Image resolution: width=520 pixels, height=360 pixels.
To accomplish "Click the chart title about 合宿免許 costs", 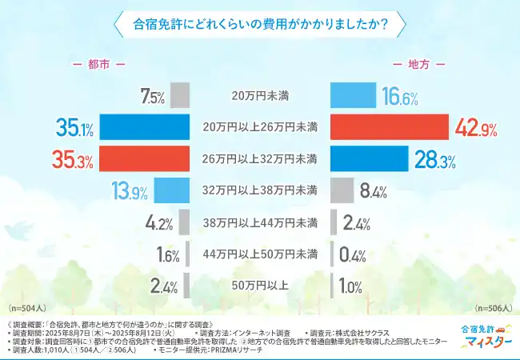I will coord(259,24).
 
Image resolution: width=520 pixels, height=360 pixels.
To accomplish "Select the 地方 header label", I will coord(418,63).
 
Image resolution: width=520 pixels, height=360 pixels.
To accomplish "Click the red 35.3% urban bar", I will coord(132,158).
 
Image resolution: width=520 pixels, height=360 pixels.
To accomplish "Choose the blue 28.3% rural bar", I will coord(370,158).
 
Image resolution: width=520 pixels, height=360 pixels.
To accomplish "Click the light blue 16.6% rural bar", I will coord(353,96).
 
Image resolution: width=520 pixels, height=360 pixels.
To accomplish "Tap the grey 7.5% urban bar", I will coord(180,96).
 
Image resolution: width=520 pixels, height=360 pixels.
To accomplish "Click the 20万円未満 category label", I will coord(260,96).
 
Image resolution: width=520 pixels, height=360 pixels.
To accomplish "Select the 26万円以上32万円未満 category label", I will coord(260,158).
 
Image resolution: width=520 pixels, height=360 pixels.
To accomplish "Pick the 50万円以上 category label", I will coord(260,284).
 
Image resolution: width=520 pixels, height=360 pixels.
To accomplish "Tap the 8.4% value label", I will coord(374,190).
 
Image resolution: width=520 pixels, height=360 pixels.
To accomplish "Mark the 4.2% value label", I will coord(160,222).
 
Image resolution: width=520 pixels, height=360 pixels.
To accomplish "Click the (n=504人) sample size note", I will coord(26,308).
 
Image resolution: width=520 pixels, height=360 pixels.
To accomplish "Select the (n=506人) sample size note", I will coord(493,308).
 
